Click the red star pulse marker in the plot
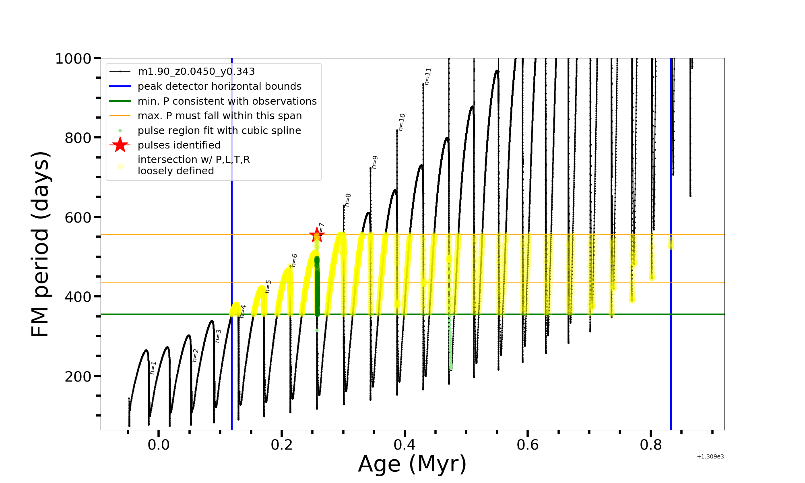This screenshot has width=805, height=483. (x=317, y=235)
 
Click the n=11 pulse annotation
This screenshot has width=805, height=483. (x=428, y=76)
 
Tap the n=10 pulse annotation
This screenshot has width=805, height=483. (x=402, y=122)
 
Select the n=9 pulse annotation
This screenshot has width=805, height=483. (x=374, y=162)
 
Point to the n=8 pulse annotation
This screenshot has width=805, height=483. (x=348, y=200)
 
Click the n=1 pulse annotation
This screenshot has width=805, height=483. (x=153, y=367)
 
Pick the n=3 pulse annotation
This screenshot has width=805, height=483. (x=218, y=336)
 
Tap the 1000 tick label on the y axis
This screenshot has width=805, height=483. (x=73, y=59)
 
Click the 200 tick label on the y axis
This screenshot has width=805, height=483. (x=78, y=377)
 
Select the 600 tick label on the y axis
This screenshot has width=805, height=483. (x=78, y=218)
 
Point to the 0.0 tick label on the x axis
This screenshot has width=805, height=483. (x=159, y=445)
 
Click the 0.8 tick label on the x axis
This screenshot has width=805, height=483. (x=651, y=445)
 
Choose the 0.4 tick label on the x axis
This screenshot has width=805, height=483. (x=405, y=445)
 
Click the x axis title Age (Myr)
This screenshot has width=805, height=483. (x=412, y=464)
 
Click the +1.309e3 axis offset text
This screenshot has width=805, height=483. (x=710, y=457)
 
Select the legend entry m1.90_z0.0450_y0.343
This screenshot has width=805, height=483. (x=196, y=72)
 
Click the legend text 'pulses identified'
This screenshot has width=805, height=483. (x=179, y=145)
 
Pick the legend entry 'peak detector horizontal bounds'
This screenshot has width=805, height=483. (x=219, y=87)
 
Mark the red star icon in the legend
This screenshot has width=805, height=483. (x=120, y=145)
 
